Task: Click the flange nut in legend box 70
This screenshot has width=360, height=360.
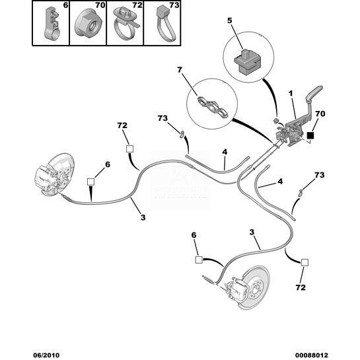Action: [x=88, y=24]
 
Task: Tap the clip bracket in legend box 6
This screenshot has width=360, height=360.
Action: [x=52, y=24]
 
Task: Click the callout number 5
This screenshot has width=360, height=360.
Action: [x=230, y=20]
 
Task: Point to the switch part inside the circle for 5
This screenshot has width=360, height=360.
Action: [x=248, y=63]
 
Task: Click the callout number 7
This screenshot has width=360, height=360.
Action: [x=180, y=70]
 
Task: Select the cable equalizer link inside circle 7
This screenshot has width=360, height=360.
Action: [x=213, y=108]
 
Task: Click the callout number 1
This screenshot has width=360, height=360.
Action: [x=291, y=93]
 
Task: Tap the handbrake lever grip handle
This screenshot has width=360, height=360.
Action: [x=315, y=91]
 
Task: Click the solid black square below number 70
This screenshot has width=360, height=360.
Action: [x=310, y=135]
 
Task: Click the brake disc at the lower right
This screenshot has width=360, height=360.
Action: [x=255, y=287]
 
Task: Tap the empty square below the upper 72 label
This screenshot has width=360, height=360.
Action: [x=129, y=149]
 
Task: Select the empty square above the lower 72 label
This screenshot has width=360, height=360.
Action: [x=305, y=262]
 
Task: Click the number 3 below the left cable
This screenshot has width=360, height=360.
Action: [x=143, y=217]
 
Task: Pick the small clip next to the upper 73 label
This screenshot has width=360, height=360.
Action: [x=182, y=134]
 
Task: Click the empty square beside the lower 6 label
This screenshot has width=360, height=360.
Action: [x=199, y=260]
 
